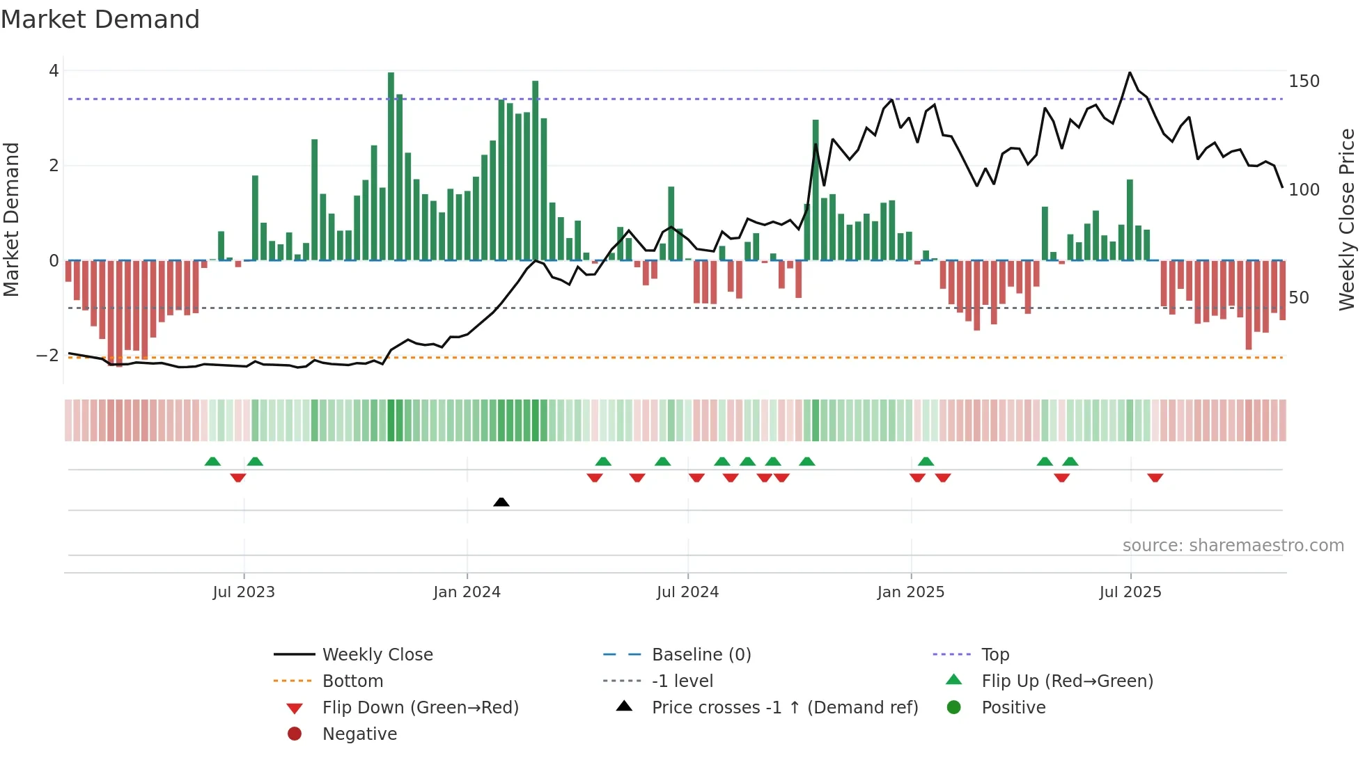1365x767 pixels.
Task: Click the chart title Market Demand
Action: click(x=100, y=19)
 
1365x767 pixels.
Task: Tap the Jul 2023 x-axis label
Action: click(x=244, y=592)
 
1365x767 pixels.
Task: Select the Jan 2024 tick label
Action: click(x=467, y=592)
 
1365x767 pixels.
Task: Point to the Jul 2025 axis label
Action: click(x=1130, y=592)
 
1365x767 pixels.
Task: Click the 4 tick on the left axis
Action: click(x=54, y=71)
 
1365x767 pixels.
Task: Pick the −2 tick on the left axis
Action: click(x=48, y=356)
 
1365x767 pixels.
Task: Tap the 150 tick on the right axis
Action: click(x=1304, y=81)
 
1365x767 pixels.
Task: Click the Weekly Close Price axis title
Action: click(x=1347, y=219)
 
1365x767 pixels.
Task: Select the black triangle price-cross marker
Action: click(x=501, y=502)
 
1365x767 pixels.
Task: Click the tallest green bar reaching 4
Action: click(x=391, y=167)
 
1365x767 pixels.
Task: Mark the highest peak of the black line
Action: click(x=1130, y=72)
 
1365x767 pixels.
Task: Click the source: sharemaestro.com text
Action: click(x=1233, y=546)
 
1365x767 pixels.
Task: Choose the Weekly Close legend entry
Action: click(x=377, y=655)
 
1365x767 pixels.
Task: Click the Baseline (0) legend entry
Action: click(x=701, y=655)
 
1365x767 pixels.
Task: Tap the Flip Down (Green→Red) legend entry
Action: click(x=420, y=708)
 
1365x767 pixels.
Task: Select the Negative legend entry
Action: click(x=359, y=734)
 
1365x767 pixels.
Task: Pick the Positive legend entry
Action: click(x=1013, y=708)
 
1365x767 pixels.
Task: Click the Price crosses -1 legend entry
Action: click(x=784, y=708)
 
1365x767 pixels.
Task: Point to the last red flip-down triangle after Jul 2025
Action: click(x=1155, y=477)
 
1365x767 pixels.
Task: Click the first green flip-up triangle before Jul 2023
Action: click(x=212, y=461)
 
